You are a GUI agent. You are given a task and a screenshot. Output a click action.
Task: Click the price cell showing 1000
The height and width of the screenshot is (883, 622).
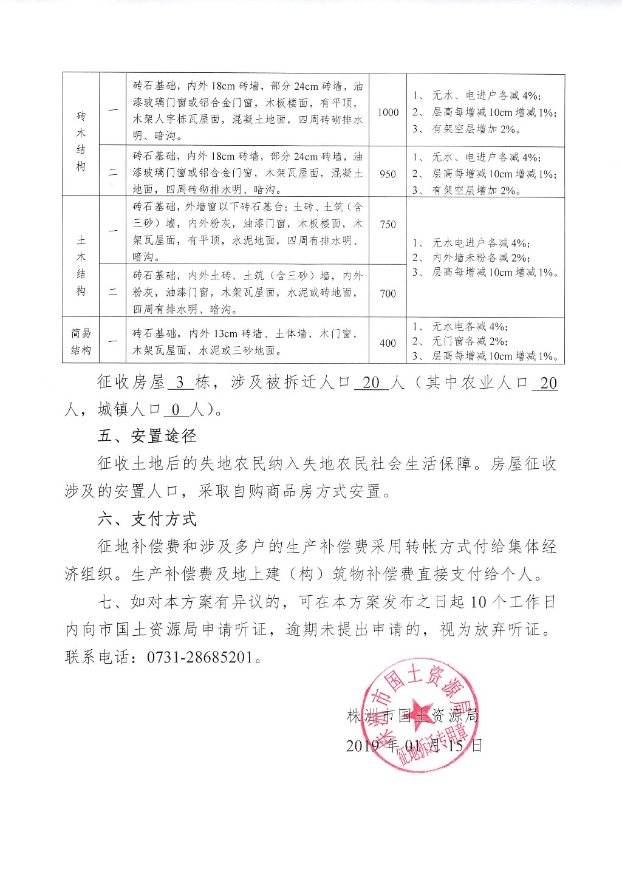pos(388,112)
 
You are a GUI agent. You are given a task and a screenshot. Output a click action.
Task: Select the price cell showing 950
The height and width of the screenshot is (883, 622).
pos(388,174)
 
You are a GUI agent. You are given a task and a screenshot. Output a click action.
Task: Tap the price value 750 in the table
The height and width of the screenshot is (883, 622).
pos(388,224)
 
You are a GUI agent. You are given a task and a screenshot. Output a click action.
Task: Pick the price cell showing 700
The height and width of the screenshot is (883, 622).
pos(388,293)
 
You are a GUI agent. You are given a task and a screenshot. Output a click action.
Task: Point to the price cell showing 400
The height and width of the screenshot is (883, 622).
pos(388,343)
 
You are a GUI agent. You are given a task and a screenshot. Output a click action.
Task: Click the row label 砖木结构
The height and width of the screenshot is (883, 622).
pos(81,141)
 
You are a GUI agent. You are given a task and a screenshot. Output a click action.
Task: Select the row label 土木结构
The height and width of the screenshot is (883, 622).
pos(81,265)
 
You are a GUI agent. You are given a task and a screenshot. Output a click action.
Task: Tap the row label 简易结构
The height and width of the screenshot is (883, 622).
pos(81,341)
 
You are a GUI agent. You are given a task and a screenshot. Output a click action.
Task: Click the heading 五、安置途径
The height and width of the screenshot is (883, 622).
pos(147,436)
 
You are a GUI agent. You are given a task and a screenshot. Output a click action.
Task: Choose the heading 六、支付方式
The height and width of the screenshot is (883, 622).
pos(147,519)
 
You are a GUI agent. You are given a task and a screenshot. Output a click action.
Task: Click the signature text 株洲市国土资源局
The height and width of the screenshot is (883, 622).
pos(413,716)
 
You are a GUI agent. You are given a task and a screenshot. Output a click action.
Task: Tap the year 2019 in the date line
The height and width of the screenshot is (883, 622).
pos(363,746)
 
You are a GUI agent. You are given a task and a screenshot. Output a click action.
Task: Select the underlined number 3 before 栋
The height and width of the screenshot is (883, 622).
pos(180,383)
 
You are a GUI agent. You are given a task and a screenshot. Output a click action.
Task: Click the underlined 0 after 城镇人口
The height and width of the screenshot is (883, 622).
pos(176,410)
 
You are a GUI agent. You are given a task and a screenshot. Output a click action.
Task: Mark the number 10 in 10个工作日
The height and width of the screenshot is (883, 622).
pos(479,602)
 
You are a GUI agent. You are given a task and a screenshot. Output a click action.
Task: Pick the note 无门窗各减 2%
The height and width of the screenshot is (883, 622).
pos(470,341)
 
